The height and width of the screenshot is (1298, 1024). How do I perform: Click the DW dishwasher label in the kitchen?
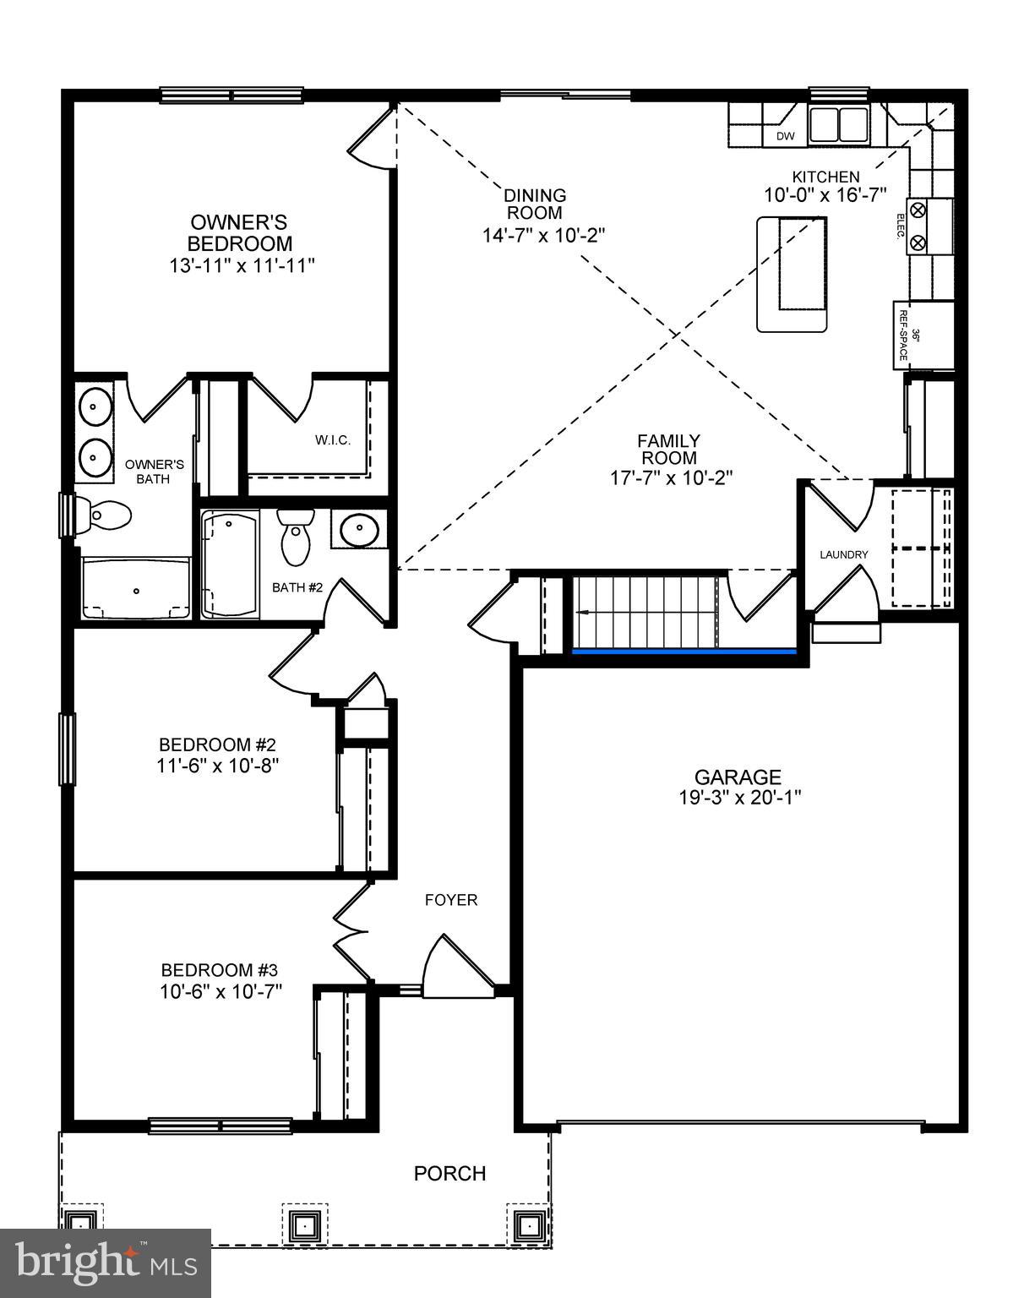tap(785, 136)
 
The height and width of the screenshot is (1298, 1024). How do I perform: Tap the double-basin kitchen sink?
tap(838, 124)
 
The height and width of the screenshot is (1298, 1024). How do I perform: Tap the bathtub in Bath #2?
tap(230, 564)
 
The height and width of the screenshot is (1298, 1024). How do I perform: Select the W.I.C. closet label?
tap(333, 440)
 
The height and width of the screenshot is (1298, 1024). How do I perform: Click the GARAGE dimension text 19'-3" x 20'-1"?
tap(738, 796)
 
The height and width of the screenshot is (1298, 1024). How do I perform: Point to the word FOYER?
tap(450, 900)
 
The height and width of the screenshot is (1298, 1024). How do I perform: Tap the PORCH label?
tap(449, 1173)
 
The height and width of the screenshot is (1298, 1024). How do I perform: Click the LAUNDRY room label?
tap(843, 554)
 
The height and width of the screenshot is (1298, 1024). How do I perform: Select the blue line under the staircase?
tap(684, 652)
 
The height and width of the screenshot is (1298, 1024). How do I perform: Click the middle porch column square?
tap(302, 1223)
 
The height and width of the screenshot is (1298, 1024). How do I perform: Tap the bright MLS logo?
tap(106, 1263)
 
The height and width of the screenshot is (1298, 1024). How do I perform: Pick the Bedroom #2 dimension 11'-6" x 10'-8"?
tap(219, 765)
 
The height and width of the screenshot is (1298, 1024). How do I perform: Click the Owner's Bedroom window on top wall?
tap(231, 95)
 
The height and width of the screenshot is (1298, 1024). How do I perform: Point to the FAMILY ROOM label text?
tap(668, 449)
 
